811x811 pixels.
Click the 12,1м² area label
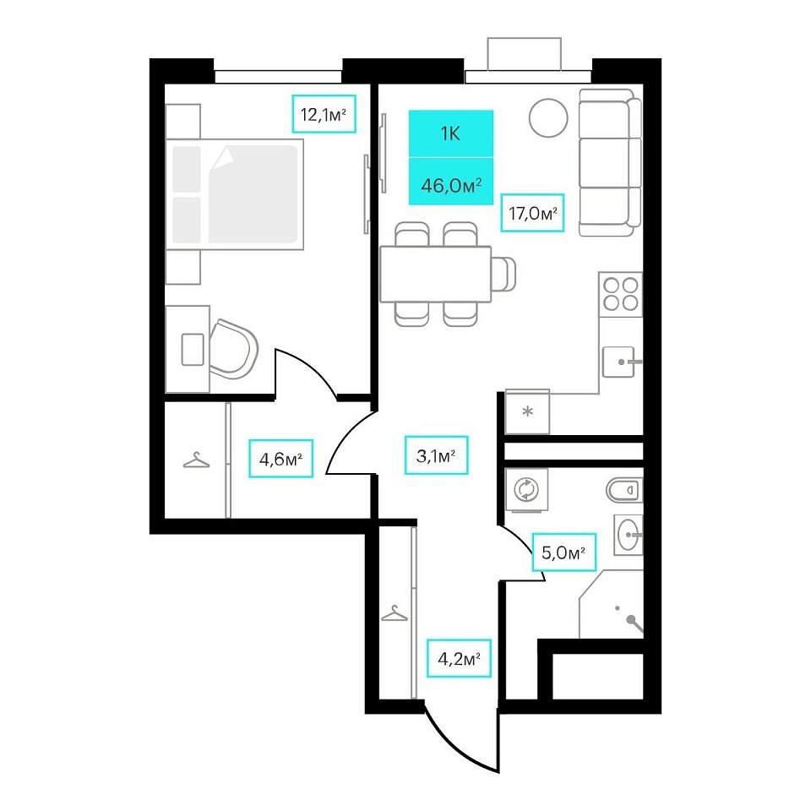(324, 114)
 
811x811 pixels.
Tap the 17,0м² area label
(532, 213)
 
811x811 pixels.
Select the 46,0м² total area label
(451, 185)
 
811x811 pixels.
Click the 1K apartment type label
(450, 134)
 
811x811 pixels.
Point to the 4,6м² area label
(280, 458)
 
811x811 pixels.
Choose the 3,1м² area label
(436, 455)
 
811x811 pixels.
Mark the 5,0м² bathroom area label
(563, 552)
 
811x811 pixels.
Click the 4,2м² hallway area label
(459, 658)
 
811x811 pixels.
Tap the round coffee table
(548, 118)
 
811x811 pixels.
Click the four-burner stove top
(621, 294)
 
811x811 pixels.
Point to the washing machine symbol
(526, 489)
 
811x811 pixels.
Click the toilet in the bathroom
(624, 490)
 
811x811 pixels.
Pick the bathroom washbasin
(629, 535)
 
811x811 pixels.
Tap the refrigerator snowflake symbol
(527, 412)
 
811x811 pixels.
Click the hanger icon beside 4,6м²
(197, 460)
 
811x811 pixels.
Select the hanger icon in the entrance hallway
(395, 613)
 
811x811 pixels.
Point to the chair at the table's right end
(503, 274)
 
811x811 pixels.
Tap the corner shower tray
(611, 604)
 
